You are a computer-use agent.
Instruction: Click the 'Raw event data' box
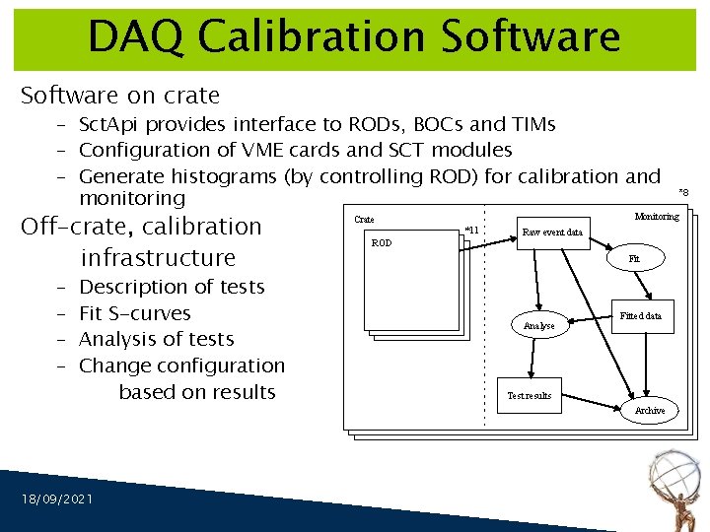pyautogui.click(x=551, y=233)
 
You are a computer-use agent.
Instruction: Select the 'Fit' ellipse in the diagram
pyautogui.click(x=634, y=258)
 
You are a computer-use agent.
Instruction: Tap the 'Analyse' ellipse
pyautogui.click(x=538, y=325)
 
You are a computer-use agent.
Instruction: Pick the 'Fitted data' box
pyautogui.click(x=641, y=316)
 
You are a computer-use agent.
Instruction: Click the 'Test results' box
pyautogui.click(x=530, y=395)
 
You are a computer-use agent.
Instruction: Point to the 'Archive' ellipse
pyautogui.click(x=650, y=410)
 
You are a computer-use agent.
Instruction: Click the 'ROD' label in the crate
pyautogui.click(x=381, y=242)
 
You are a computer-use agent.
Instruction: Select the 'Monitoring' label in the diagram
pyautogui.click(x=657, y=217)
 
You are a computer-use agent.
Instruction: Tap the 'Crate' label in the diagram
pyautogui.click(x=364, y=219)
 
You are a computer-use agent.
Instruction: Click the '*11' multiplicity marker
pyautogui.click(x=471, y=231)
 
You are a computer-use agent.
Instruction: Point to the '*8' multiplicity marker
pyautogui.click(x=683, y=193)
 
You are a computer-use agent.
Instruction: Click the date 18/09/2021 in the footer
pyautogui.click(x=57, y=499)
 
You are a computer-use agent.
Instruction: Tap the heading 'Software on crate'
pyautogui.click(x=120, y=96)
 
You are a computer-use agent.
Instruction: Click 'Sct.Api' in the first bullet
pyautogui.click(x=110, y=124)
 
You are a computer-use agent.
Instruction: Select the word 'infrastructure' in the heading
pyautogui.click(x=158, y=258)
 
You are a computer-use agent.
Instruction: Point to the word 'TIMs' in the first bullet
pyautogui.click(x=531, y=124)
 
